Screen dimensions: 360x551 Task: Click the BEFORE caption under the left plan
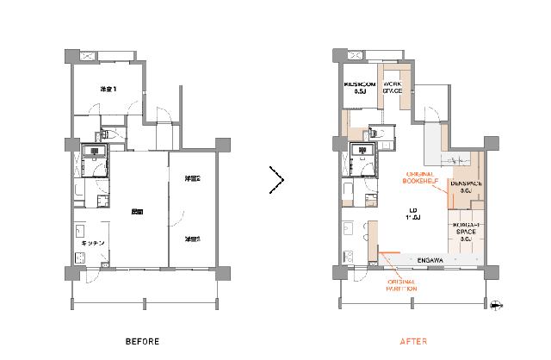[x=142, y=341]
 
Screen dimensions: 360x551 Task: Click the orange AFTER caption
[x=414, y=341]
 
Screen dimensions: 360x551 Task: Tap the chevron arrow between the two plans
[x=276, y=180]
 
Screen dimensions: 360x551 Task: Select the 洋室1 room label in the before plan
[x=108, y=90]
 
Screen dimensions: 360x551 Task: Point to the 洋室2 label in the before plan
[x=192, y=179]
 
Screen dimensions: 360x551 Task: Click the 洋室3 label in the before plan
[x=192, y=239]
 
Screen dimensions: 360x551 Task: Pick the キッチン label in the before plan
[x=92, y=244]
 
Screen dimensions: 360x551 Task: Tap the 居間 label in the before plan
[x=136, y=211]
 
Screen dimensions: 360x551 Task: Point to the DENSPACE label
[x=467, y=187]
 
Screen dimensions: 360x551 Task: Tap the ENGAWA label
[x=430, y=260]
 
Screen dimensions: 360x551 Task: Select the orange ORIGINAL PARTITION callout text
[x=402, y=285]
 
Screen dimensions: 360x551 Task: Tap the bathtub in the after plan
[x=348, y=189]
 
